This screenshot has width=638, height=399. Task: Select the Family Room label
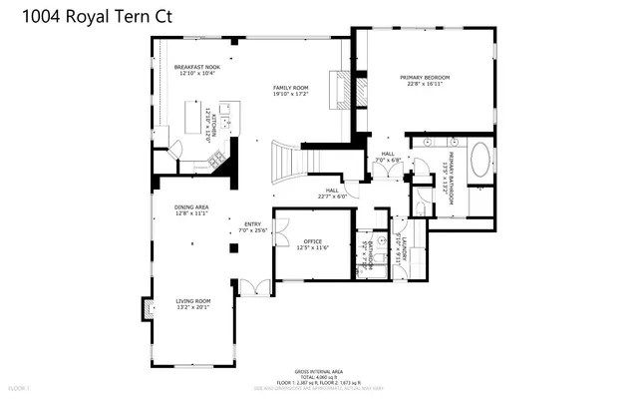(290, 92)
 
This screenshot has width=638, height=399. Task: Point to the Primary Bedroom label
(426, 81)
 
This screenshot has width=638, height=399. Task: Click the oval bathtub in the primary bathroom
(481, 160)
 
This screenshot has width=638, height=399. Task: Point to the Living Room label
(193, 303)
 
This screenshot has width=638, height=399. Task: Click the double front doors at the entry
(256, 287)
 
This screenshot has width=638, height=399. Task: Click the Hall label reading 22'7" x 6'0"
(333, 194)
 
